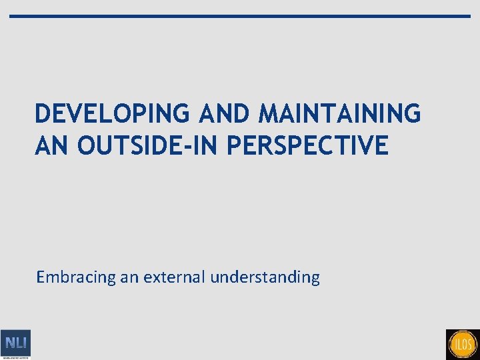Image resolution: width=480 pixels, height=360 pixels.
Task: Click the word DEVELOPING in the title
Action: (113, 114)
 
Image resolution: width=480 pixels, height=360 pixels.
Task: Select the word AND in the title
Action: (223, 114)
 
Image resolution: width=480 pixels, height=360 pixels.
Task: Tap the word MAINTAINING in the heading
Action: (339, 114)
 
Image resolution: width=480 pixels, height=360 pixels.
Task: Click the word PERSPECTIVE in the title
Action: (307, 145)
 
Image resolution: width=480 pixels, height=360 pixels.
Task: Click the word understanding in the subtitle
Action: (265, 277)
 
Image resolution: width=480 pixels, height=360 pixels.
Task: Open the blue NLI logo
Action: (15, 343)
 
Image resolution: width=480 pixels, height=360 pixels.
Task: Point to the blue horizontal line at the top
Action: (240, 16)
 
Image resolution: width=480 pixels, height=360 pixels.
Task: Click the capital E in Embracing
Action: (41, 277)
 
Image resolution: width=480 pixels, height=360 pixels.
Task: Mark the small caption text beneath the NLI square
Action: (15, 358)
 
